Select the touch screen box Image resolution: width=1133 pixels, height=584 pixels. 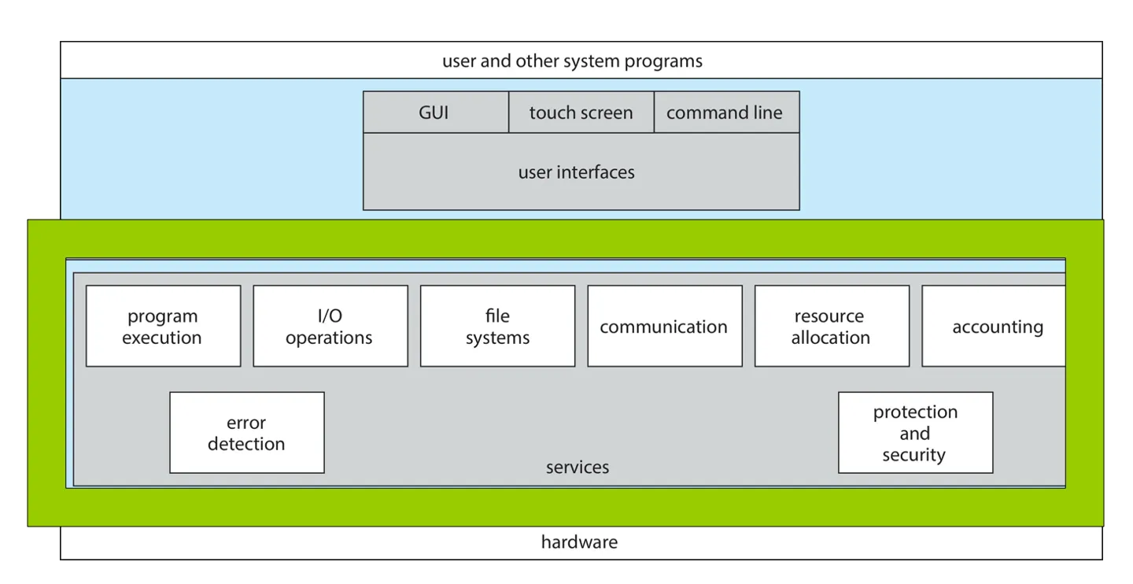click(x=581, y=113)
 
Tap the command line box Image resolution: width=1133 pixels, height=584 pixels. click(x=725, y=113)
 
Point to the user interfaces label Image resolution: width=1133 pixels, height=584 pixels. click(x=576, y=172)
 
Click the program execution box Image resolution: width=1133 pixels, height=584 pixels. click(x=163, y=326)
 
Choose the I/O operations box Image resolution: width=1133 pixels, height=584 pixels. click(x=330, y=326)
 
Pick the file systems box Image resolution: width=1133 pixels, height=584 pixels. click(x=497, y=326)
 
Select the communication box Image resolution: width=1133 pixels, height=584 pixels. click(x=664, y=326)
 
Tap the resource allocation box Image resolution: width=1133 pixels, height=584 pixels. click(x=832, y=326)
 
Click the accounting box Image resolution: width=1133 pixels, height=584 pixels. click(x=995, y=326)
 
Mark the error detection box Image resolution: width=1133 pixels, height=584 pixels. click(x=246, y=433)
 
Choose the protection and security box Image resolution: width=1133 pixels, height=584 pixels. click(x=915, y=433)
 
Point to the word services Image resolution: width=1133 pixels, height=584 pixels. click(x=578, y=468)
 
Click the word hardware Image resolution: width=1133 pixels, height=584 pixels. click(x=579, y=542)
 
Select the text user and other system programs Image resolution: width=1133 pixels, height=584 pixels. click(x=572, y=61)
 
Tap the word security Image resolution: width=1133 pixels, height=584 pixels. click(x=913, y=455)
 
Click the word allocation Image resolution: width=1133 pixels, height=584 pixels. click(x=831, y=338)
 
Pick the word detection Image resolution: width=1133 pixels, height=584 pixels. click(x=246, y=444)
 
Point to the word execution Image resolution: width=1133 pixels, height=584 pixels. click(x=162, y=338)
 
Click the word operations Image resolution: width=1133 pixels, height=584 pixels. click(x=329, y=338)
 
